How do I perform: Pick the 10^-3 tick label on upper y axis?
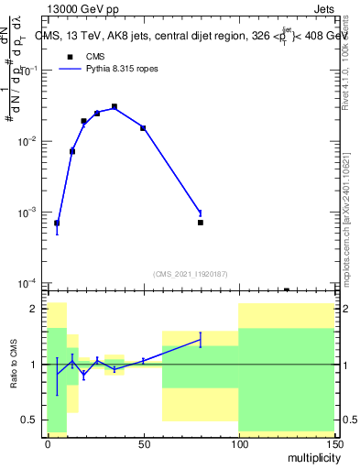click(x=27, y=213)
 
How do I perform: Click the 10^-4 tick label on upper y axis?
click(x=27, y=283)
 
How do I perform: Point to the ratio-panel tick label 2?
click(x=34, y=310)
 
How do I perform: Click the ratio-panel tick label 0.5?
click(x=30, y=420)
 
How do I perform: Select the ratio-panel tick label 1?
click(x=34, y=365)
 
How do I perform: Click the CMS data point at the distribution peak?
click(x=115, y=107)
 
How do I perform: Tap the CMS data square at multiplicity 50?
click(x=143, y=128)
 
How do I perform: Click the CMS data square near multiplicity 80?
click(x=201, y=223)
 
